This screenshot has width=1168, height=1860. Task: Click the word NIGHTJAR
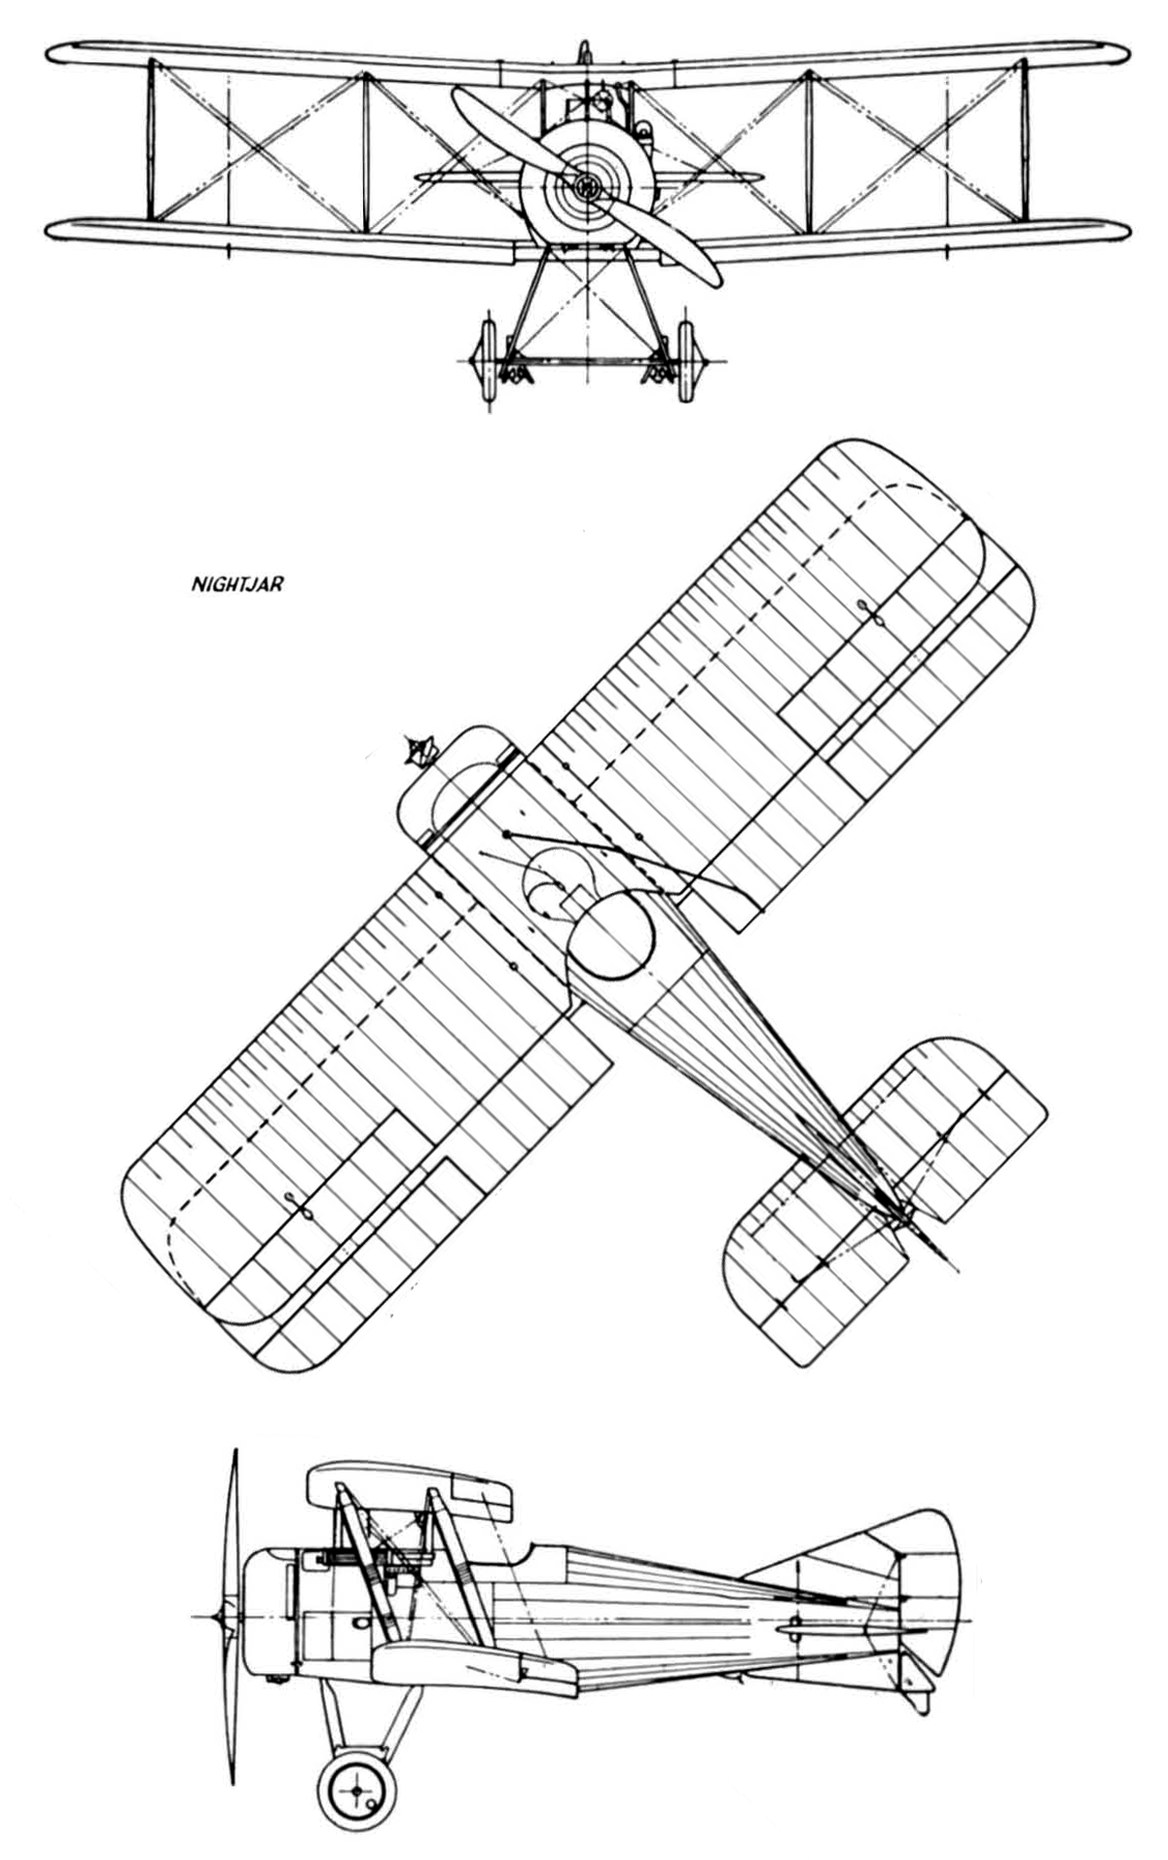[237, 587]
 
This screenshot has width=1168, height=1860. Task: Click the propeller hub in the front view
[586, 185]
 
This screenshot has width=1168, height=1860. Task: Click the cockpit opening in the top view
[610, 935]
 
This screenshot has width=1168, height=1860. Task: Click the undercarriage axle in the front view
[586, 360]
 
